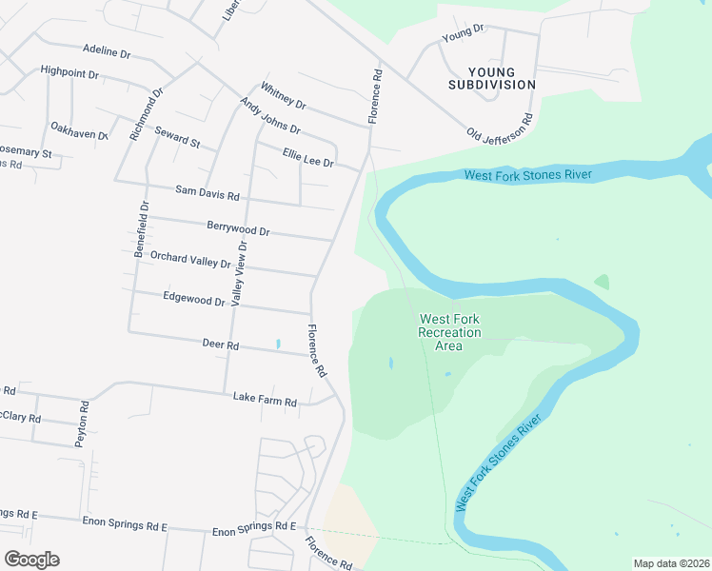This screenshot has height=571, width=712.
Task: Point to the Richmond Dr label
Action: tap(148, 113)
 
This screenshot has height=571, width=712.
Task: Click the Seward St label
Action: tap(178, 138)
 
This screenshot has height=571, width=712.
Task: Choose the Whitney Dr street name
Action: tap(283, 96)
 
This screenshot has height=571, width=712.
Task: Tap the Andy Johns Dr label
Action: tap(269, 116)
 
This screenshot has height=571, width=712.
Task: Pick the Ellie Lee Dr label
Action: tap(307, 157)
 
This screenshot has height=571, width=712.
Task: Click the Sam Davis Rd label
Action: tap(207, 193)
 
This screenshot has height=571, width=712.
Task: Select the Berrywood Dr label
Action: tap(238, 229)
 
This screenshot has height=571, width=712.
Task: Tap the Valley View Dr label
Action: tap(240, 272)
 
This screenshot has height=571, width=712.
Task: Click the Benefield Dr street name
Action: tap(142, 230)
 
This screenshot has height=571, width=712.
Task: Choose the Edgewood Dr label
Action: tap(193, 300)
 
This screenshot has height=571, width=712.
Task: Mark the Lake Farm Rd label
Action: tap(265, 403)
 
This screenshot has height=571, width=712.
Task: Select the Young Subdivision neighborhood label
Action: tap(492, 78)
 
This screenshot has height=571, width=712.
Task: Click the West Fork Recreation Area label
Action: tap(449, 332)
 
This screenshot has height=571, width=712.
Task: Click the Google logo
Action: tap(31, 560)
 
